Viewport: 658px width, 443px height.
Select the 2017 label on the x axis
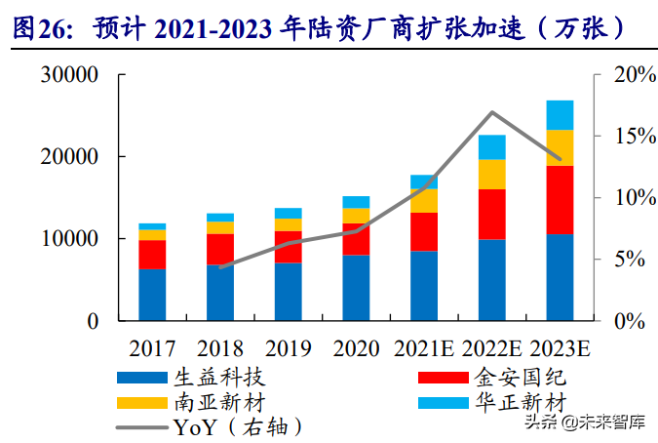click(152, 348)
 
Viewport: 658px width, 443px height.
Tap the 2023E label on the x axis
click(560, 348)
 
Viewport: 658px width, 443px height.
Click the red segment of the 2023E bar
click(560, 199)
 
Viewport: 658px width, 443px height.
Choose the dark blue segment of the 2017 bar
click(152, 294)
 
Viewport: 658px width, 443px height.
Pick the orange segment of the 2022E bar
click(491, 174)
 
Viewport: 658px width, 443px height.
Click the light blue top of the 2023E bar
click(560, 114)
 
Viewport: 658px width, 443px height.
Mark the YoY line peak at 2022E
click(492, 112)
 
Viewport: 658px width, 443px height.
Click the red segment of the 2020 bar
click(356, 239)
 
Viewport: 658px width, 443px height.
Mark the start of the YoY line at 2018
click(220, 266)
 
